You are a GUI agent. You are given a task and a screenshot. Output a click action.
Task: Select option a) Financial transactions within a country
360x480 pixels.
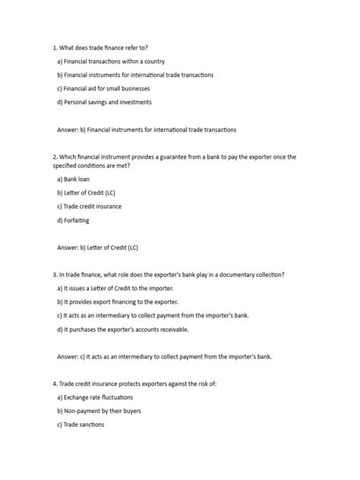[x=111, y=61]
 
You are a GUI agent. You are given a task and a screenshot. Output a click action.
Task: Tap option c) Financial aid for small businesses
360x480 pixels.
[x=109, y=88]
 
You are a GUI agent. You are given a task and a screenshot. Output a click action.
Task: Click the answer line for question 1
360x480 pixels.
[x=147, y=130]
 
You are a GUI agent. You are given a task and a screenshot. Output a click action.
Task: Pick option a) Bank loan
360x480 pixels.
[x=74, y=178]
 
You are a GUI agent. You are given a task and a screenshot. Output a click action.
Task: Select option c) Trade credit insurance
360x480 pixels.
[x=90, y=206]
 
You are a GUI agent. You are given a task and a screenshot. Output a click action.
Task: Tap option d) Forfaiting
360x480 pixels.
[x=74, y=219]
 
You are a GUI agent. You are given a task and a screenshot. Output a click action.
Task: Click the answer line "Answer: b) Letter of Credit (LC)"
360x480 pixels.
[x=98, y=247]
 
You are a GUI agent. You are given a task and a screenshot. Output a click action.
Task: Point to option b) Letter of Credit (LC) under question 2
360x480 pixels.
[x=86, y=192]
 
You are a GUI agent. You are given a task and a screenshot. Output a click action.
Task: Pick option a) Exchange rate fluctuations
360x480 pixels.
[x=95, y=397]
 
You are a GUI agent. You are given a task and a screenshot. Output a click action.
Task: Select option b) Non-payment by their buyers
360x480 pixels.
[x=99, y=411]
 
